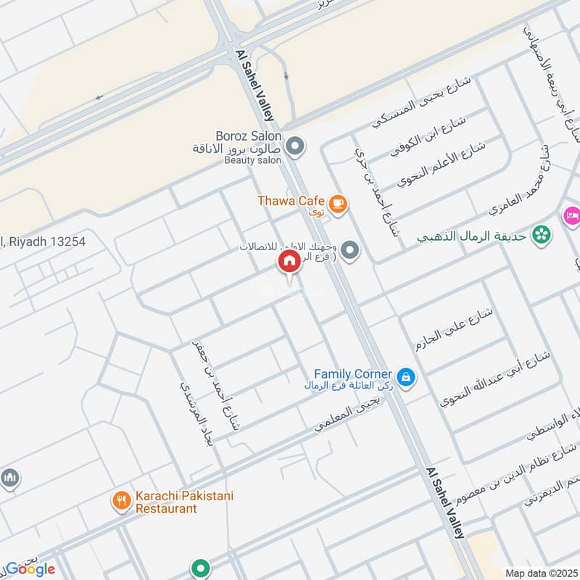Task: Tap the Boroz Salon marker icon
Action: [294, 146]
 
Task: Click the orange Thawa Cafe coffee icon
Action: [337, 205]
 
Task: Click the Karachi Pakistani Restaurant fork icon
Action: [121, 500]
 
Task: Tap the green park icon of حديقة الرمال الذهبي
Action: [540, 235]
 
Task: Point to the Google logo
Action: [30, 569]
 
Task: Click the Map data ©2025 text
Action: [539, 573]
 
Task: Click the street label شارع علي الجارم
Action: [455, 328]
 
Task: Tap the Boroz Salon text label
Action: [248, 136]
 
